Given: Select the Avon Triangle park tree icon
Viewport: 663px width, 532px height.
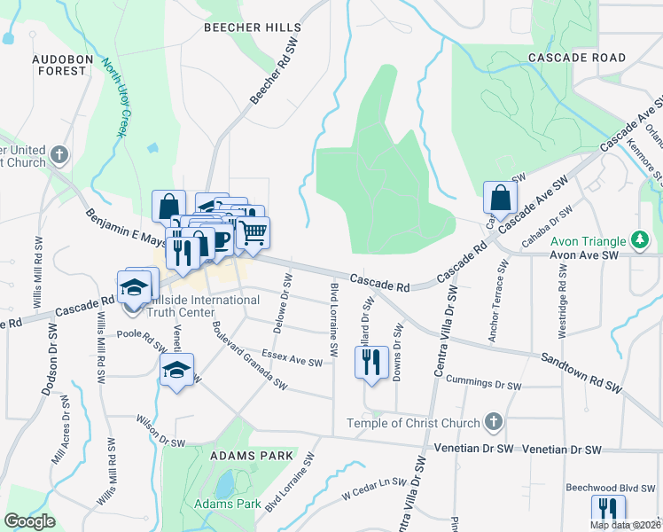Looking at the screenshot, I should [x=638, y=239].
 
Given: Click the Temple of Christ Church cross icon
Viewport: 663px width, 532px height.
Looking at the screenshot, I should [x=494, y=423].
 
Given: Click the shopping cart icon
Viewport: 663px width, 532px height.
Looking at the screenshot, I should [x=253, y=232].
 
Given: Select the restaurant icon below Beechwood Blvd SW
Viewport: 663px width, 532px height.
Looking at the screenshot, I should [x=608, y=509].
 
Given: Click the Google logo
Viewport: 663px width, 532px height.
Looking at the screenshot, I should [x=30, y=521].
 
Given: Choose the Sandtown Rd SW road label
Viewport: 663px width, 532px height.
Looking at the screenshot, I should [x=581, y=372].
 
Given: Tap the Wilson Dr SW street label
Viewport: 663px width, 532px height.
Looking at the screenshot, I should [x=160, y=431].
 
